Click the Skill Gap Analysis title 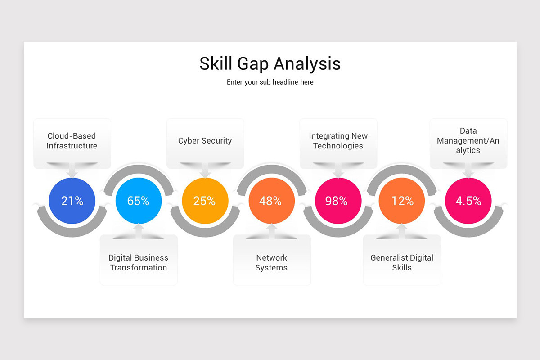[270, 64]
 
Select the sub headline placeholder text [270, 82]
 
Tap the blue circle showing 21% [72, 201]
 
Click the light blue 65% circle [139, 201]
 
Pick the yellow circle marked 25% [205, 201]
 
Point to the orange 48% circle [271, 201]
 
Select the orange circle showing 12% [402, 201]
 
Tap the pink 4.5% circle [468, 201]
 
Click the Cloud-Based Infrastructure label [72, 141]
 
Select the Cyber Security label [205, 141]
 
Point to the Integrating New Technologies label [338, 141]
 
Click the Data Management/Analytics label [468, 140]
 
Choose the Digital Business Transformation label [139, 263]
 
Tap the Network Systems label [271, 263]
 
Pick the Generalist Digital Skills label [402, 263]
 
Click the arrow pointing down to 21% [72, 172]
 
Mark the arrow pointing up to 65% [139, 229]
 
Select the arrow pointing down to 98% [338, 172]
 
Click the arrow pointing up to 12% [402, 229]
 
